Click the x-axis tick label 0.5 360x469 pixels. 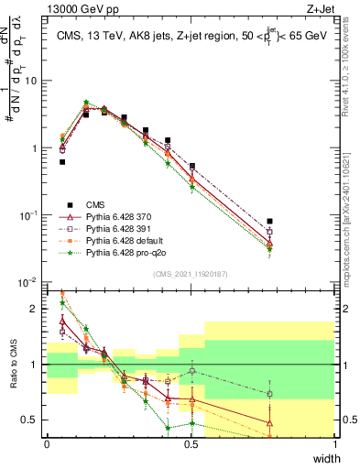191,444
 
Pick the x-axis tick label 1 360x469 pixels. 334,444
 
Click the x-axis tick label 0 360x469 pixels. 47,444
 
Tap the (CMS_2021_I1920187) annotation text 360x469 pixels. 191,273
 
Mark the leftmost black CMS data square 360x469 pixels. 62,162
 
